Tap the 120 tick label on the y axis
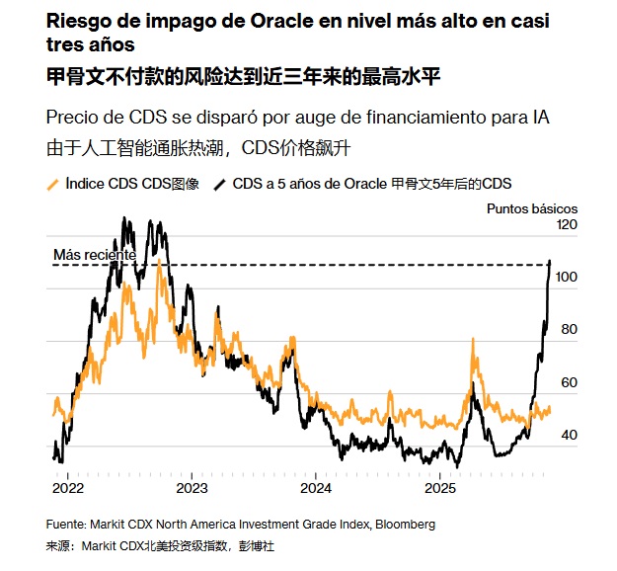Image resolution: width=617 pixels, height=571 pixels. click(565, 225)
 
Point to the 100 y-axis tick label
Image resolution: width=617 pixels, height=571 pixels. click(565, 278)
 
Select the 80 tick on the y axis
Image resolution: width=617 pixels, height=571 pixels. click(568, 330)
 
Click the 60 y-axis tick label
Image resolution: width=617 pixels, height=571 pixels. click(568, 382)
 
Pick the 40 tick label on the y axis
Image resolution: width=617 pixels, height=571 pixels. click(568, 435)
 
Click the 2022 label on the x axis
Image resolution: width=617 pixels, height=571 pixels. click(68, 488)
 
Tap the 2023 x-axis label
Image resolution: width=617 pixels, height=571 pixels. click(192, 488)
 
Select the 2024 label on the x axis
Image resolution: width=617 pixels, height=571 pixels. click(315, 488)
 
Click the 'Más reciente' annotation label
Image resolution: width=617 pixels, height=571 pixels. click(95, 254)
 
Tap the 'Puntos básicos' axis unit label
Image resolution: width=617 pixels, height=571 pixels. click(532, 208)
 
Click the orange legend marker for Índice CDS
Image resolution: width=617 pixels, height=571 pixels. click(53, 184)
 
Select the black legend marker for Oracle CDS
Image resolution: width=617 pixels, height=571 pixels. click(221, 184)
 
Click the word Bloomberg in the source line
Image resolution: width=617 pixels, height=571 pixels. click(401, 524)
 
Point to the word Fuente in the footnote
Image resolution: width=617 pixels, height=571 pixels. click(65, 524)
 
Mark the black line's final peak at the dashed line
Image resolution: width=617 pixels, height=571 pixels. click(549, 263)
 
